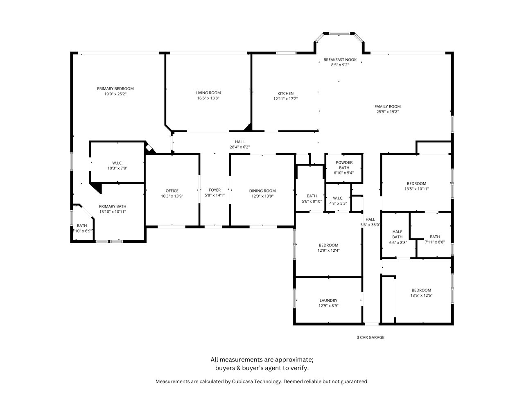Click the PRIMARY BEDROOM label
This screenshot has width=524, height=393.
(x=115, y=88)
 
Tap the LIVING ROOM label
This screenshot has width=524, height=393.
(x=208, y=93)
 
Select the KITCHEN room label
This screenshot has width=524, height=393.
(x=285, y=93)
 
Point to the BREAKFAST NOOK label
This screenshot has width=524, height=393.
(x=340, y=59)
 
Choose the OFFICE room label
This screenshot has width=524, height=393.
(x=172, y=191)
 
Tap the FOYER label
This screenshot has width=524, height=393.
(x=215, y=190)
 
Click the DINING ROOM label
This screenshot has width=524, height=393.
(x=262, y=191)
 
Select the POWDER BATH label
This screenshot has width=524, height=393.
(x=344, y=165)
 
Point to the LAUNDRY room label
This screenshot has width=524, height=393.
(x=328, y=300)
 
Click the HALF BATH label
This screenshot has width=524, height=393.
(x=397, y=234)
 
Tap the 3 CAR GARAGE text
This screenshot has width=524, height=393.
(x=370, y=337)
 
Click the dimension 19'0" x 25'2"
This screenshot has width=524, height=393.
(x=115, y=94)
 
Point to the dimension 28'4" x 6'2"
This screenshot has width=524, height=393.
(x=239, y=147)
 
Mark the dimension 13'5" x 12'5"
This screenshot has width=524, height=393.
(x=421, y=295)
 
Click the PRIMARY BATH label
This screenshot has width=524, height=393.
(x=113, y=206)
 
